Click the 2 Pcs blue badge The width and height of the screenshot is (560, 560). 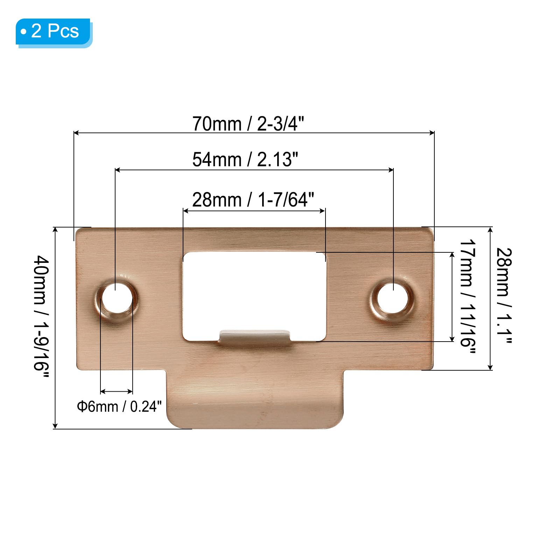pyautogui.click(x=54, y=32)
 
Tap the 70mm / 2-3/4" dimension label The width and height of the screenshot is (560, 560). pyautogui.click(x=248, y=124)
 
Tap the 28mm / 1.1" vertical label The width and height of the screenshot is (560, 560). pyautogui.click(x=504, y=296)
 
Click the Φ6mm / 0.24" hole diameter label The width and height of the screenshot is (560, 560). pyautogui.click(x=119, y=406)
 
